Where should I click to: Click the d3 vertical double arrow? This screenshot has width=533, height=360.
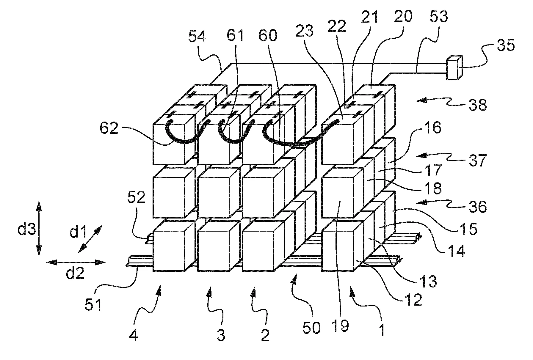click(39, 228)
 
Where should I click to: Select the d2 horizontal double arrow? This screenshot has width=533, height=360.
click(76, 262)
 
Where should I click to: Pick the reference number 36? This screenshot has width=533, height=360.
click(478, 207)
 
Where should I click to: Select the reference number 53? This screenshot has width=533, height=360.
click(439, 17)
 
